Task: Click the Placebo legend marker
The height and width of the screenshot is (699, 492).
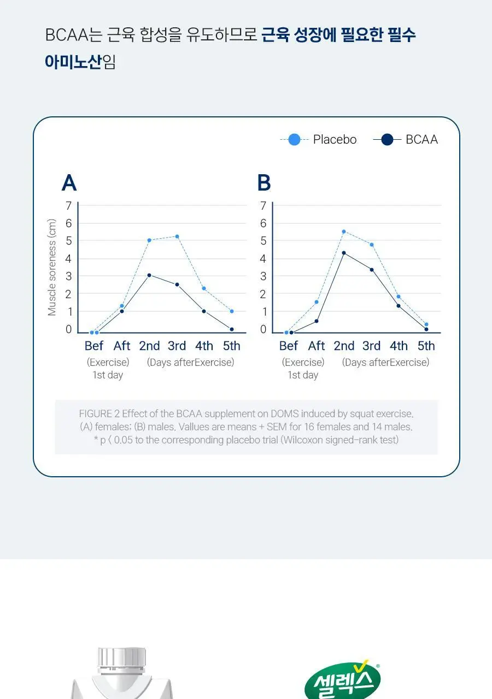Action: [x=294, y=139]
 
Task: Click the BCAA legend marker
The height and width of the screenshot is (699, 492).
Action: [x=388, y=139]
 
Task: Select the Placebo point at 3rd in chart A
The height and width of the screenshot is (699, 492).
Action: [x=177, y=236]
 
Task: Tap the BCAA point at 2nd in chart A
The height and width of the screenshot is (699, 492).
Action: [x=149, y=275]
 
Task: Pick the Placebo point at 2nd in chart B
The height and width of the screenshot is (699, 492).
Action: [x=344, y=232]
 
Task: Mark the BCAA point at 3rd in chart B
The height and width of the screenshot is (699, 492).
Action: [x=372, y=270]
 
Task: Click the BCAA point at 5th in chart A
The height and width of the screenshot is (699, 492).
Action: [x=232, y=329]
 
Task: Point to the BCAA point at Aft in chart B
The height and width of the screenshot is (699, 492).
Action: [x=317, y=321]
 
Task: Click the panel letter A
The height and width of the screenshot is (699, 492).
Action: [x=69, y=182]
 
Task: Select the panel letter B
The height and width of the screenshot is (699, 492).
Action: [x=264, y=182]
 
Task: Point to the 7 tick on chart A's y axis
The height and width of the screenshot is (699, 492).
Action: [x=69, y=206]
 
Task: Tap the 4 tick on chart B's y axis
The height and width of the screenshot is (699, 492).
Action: [x=263, y=259]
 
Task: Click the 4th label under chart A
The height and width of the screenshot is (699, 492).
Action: [x=204, y=346]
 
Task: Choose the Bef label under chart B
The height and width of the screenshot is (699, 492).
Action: [x=288, y=346]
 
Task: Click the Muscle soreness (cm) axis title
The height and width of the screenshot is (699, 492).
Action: [x=52, y=267]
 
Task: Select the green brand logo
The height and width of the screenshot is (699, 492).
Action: [x=343, y=681]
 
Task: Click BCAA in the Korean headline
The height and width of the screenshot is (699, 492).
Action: [x=67, y=34]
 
